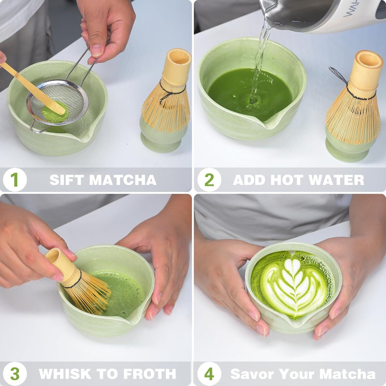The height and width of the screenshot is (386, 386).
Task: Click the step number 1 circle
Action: click(15, 180)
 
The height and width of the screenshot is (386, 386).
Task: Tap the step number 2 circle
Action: click(209, 180)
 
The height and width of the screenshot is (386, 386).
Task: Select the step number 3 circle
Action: click(15, 374)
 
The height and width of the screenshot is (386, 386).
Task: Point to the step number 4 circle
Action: click(209, 374)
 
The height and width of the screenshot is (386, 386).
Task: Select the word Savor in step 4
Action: click(252, 374)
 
